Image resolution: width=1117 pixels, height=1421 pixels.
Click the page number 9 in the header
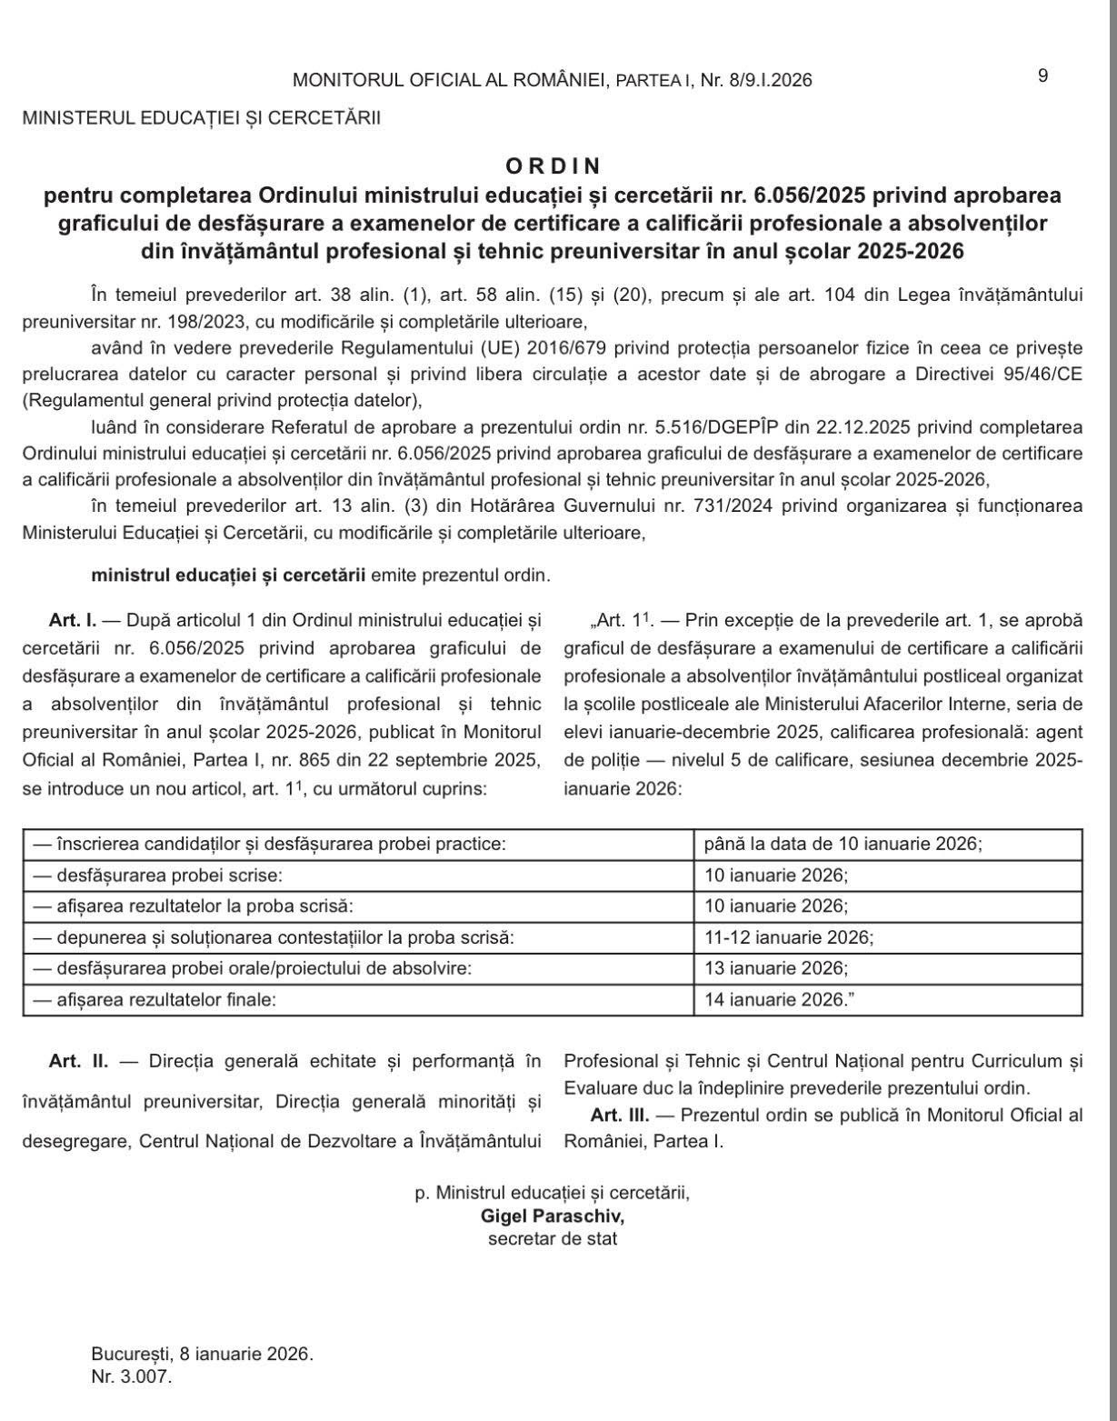pos(1042,75)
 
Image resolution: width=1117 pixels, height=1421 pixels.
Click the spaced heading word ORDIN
pos(554,165)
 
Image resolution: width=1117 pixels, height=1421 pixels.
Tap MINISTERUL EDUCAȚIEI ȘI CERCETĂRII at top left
pos(201,118)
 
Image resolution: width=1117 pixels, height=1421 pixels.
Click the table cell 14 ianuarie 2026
pos(780,999)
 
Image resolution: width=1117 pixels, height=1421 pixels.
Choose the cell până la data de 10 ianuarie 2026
pos(843,844)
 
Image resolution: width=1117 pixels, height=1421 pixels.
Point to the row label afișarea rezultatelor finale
pos(154,999)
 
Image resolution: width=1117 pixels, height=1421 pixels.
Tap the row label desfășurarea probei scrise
pos(157,875)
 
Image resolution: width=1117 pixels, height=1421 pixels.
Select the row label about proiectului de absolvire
pos(252,968)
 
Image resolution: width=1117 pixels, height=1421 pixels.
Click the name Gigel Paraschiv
pos(553,1216)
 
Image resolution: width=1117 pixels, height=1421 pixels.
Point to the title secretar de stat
pos(553,1238)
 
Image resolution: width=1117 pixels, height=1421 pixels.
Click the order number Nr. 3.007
pos(131,1376)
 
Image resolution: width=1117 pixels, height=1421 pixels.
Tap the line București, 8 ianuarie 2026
pos(202,1354)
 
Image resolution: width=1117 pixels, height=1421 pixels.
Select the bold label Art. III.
pos(619,1116)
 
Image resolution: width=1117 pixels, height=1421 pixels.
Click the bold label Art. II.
pos(78,1061)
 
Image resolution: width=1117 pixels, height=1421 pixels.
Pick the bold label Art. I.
pos(73,621)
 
